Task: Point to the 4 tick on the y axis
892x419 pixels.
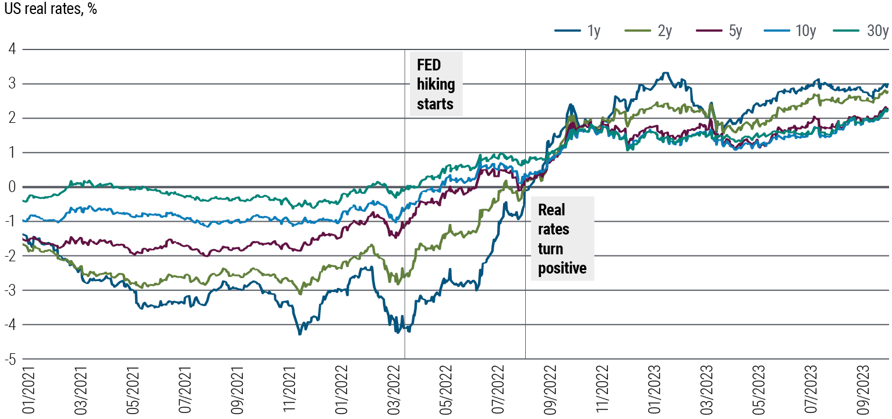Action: point(12,49)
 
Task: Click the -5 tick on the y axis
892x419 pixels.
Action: point(10,359)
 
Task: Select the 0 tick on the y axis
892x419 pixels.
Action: point(12,187)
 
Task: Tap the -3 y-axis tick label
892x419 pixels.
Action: point(10,290)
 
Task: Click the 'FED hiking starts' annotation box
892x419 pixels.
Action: point(436,84)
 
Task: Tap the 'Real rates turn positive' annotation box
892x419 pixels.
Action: point(562,239)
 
